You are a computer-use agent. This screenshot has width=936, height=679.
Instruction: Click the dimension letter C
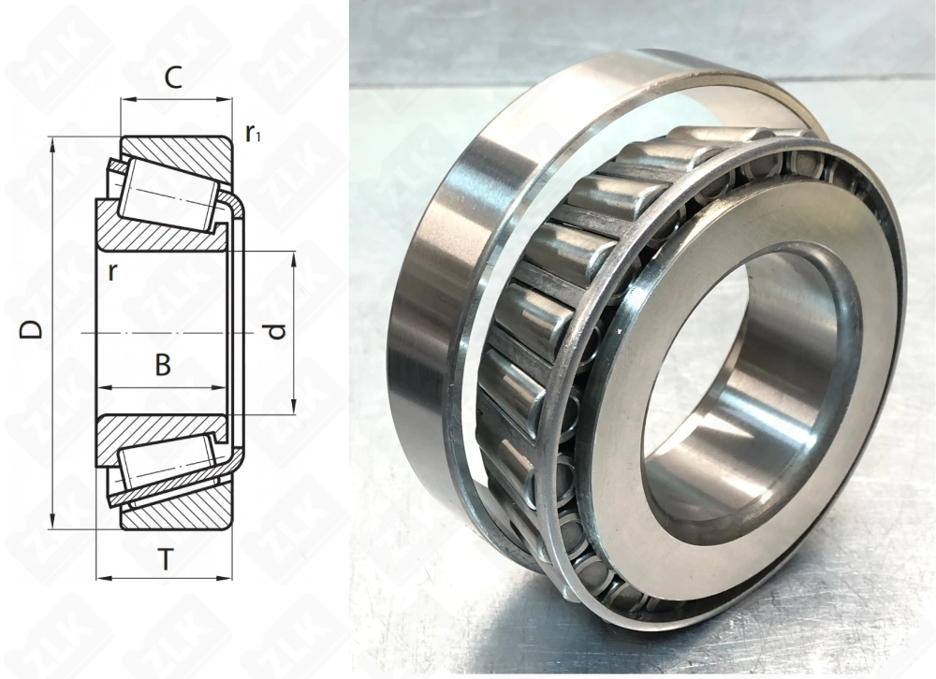(x=172, y=79)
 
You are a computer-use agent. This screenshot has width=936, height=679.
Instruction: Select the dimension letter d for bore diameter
(x=274, y=331)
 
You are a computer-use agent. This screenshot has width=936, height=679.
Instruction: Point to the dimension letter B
(x=163, y=366)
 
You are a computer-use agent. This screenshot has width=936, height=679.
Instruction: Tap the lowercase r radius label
(x=113, y=273)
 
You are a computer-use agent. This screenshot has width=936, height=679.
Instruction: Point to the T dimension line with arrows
(x=164, y=577)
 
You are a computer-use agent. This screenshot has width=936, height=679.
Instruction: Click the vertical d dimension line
(x=294, y=374)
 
